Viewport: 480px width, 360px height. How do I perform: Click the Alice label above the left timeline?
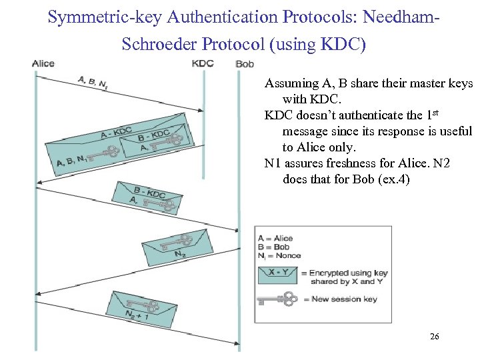[43, 63]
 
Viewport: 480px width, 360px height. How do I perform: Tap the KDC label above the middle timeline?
[202, 63]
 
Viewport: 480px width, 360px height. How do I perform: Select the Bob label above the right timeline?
[245, 64]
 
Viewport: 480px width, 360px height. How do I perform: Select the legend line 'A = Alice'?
[275, 238]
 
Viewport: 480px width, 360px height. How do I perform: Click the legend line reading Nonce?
[279, 255]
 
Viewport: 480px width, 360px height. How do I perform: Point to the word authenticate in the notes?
[357, 115]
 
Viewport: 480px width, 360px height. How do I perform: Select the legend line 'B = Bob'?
[273, 247]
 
